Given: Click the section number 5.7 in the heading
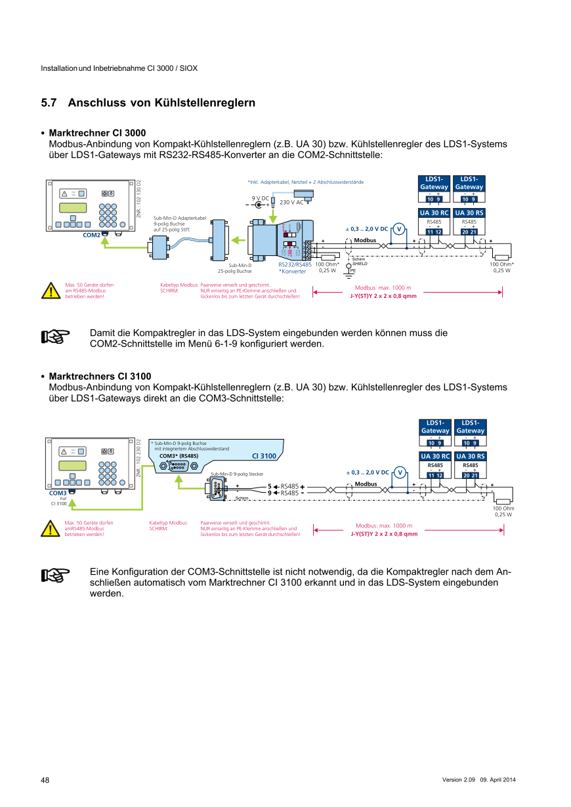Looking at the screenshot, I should [x=49, y=103].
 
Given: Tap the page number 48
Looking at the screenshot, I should [x=45, y=780].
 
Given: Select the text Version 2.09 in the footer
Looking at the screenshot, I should [x=458, y=779].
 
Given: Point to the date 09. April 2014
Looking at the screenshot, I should [x=498, y=779].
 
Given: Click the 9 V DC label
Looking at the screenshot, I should [x=261, y=197].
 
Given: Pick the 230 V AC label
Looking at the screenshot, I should [x=291, y=202].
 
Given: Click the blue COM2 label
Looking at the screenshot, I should [x=91, y=235].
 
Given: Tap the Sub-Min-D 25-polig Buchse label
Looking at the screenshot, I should [x=235, y=268].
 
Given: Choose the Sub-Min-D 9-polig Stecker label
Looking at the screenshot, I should [x=237, y=473].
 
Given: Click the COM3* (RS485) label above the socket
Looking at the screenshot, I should [x=179, y=455].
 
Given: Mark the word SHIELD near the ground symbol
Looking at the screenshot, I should [x=360, y=264].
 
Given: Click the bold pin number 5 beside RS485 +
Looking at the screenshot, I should [x=270, y=486].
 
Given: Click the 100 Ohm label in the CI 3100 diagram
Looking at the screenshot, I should [x=503, y=508].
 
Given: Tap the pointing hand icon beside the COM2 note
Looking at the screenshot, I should [x=55, y=337].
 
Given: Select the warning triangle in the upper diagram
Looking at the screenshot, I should [x=50, y=291].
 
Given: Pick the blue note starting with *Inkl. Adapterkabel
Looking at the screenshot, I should [x=305, y=182].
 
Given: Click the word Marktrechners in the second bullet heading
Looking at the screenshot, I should [x=82, y=376].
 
